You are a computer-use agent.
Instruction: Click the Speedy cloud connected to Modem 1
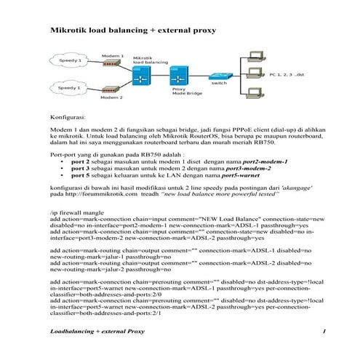coord(70,60)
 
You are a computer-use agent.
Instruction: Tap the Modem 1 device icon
coord(111,64)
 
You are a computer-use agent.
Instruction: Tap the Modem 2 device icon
coord(111,88)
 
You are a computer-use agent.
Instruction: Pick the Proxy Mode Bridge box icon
coord(177,75)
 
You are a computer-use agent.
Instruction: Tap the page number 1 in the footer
coord(323,332)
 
